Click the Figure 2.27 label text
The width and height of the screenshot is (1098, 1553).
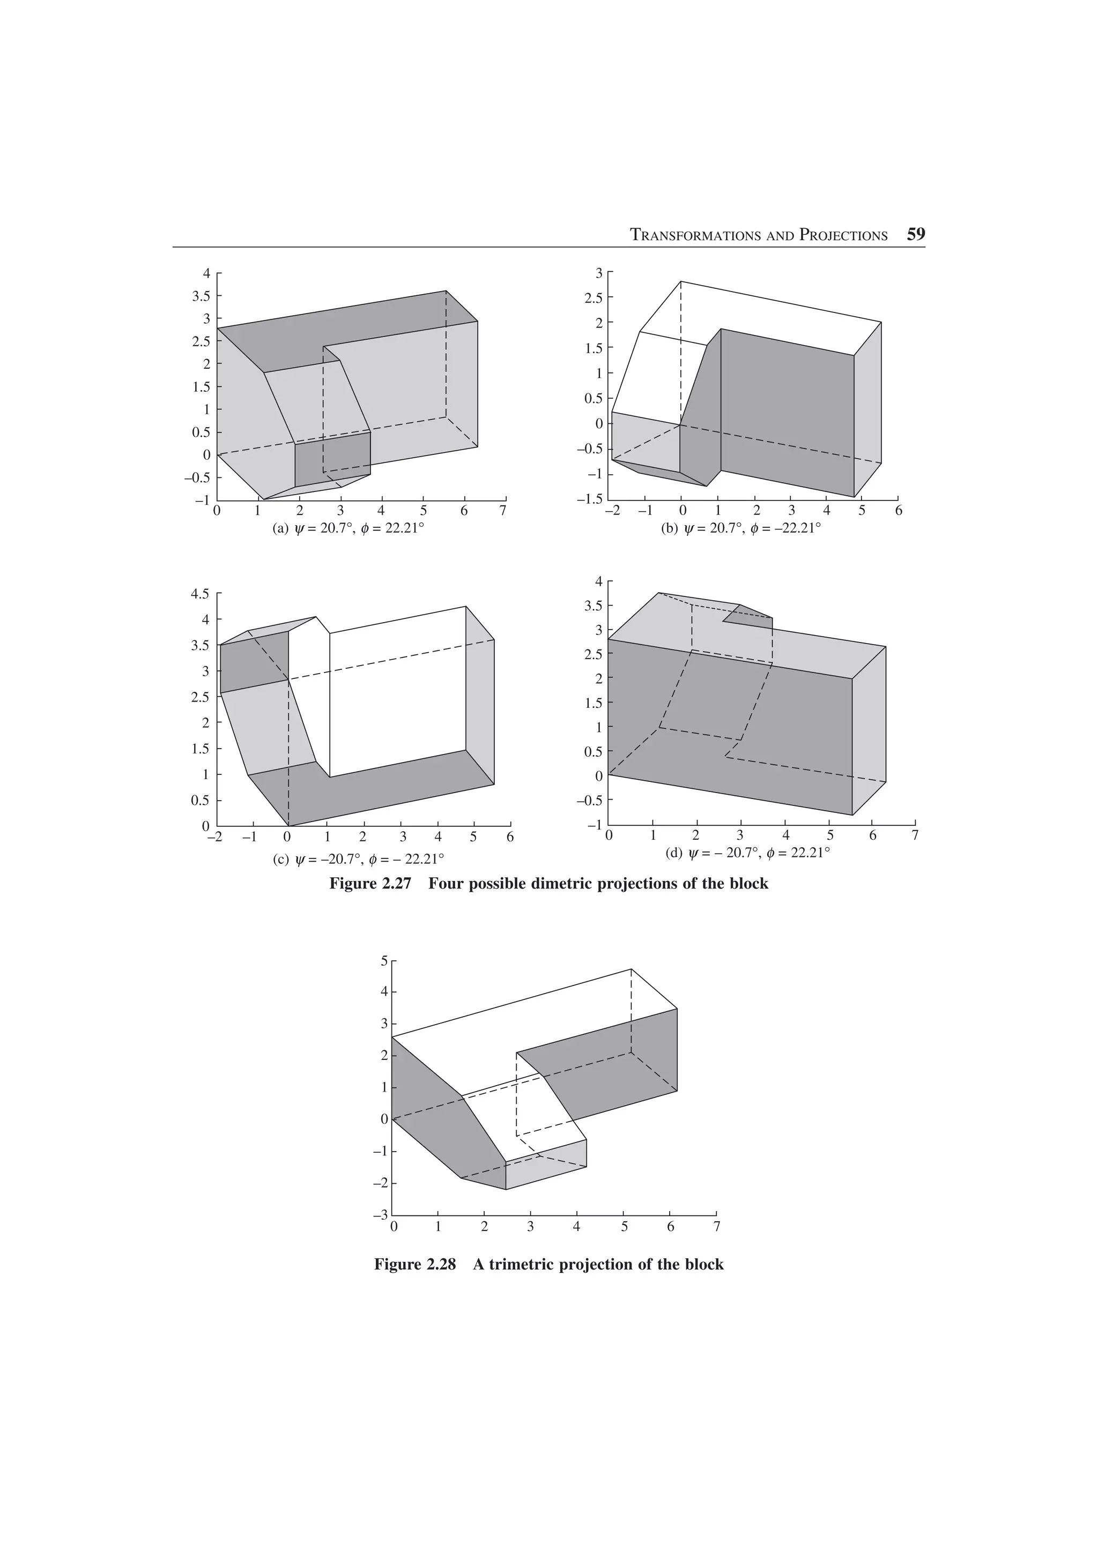(370, 883)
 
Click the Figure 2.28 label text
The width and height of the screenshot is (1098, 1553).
(415, 1264)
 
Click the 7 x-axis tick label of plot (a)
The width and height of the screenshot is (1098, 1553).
(503, 511)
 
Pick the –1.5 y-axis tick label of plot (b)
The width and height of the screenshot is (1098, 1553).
(590, 499)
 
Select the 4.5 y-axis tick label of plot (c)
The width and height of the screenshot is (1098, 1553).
(201, 594)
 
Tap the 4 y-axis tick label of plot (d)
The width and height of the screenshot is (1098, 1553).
(598, 581)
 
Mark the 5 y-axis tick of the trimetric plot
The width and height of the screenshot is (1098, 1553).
(383, 960)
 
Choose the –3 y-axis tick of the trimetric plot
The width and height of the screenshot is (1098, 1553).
(380, 1215)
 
